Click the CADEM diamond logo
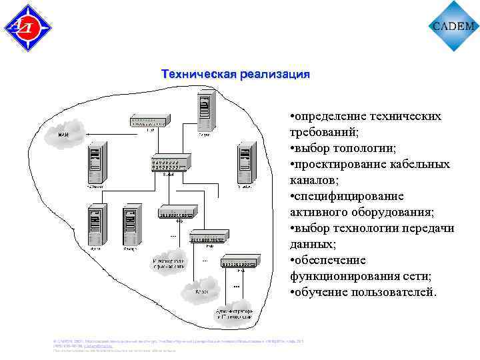click(x=454, y=26)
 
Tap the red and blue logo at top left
click(x=28, y=27)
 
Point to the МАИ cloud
click(x=64, y=135)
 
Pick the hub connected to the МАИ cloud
click(x=151, y=121)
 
